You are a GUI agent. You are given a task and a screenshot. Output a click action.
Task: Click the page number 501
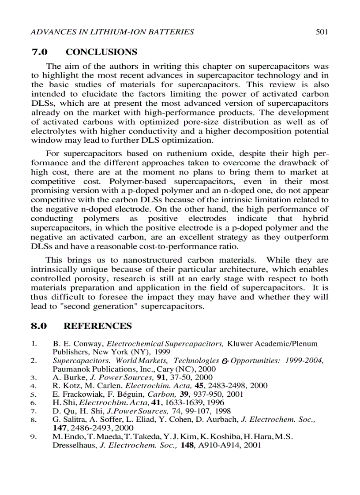point(321,32)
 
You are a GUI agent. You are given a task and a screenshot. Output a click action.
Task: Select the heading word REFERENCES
point(97,326)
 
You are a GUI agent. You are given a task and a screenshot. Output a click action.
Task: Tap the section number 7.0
point(40,52)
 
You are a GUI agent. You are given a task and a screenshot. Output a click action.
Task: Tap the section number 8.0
point(40,326)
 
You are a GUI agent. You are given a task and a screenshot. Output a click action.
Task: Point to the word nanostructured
point(143,260)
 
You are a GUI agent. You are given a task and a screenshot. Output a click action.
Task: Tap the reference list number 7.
point(34,411)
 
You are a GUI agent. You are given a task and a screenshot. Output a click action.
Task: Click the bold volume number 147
point(59,428)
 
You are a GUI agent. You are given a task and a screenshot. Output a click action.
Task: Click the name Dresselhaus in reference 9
point(73,445)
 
